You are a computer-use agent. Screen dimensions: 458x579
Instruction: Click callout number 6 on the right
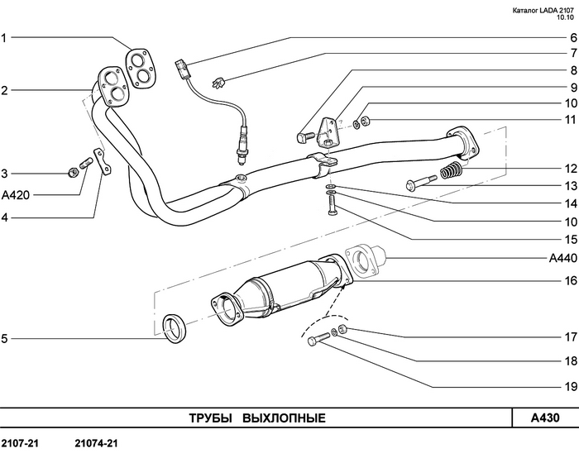(570, 37)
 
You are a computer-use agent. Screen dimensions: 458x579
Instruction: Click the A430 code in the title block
(545, 417)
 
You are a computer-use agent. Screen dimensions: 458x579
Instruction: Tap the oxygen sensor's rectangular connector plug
(183, 68)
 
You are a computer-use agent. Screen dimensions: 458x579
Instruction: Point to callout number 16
(570, 280)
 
